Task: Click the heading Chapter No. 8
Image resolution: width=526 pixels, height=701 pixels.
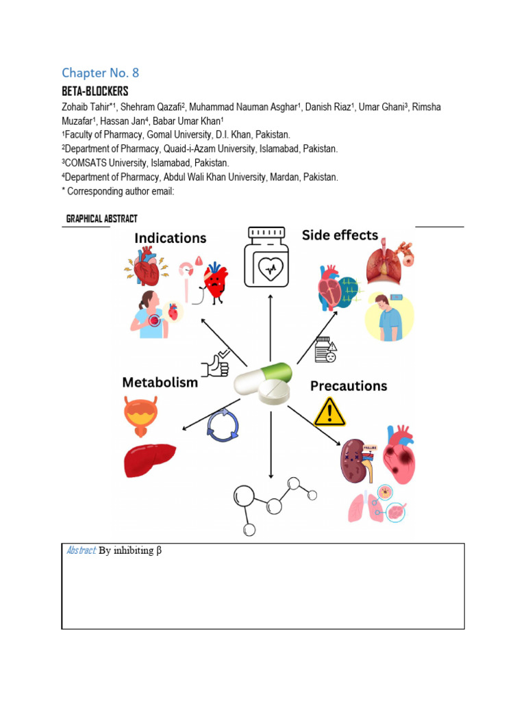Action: click(100, 73)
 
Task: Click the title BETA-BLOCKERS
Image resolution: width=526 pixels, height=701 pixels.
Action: click(95, 91)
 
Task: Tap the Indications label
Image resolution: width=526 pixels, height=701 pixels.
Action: click(170, 238)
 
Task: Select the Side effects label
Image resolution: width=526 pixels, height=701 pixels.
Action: click(340, 235)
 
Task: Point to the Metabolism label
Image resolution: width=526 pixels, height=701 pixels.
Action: click(160, 382)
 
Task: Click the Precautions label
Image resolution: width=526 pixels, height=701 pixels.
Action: click(349, 386)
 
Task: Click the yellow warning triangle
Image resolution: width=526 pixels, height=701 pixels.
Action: click(329, 413)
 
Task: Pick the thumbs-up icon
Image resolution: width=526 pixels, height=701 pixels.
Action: click(216, 364)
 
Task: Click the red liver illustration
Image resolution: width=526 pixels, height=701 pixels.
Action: click(149, 459)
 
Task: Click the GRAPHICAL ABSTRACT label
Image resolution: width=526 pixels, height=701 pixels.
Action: click(101, 219)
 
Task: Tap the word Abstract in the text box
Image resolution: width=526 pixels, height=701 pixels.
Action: click(82, 551)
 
